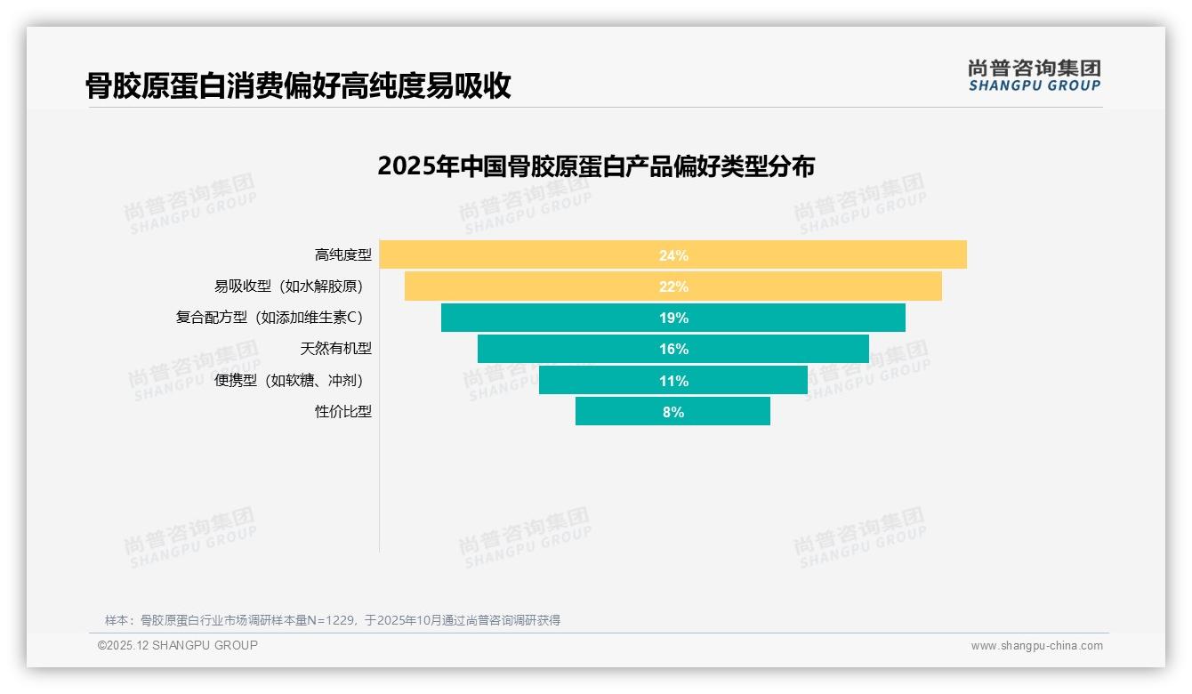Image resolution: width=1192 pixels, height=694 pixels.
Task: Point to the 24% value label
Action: pyautogui.click(x=673, y=255)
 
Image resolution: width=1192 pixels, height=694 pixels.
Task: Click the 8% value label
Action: pyautogui.click(x=673, y=412)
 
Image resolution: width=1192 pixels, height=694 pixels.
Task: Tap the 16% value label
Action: pyautogui.click(x=673, y=349)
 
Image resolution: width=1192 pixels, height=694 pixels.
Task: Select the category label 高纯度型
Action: pyautogui.click(x=342, y=255)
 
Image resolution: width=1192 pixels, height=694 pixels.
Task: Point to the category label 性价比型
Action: pyautogui.click(x=342, y=412)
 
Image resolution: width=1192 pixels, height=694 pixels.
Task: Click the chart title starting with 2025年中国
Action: pyautogui.click(x=596, y=166)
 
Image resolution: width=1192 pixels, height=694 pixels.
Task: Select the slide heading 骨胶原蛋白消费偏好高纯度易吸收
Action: pyautogui.click(x=298, y=85)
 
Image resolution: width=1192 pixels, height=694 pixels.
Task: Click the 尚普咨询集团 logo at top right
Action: pyautogui.click(x=1034, y=76)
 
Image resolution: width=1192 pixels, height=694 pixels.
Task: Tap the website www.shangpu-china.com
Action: pyautogui.click(x=1036, y=646)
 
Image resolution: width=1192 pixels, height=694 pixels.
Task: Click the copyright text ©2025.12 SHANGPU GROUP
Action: pyautogui.click(x=178, y=645)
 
